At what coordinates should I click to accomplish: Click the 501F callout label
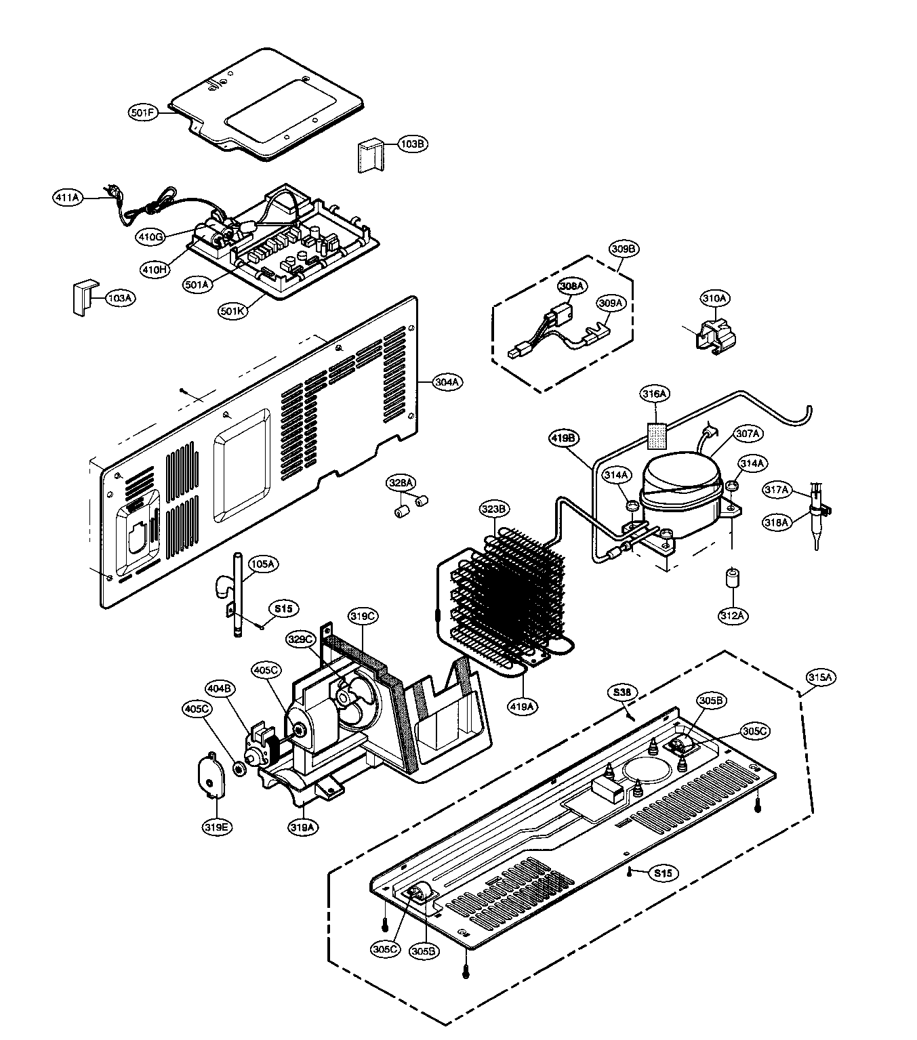(144, 112)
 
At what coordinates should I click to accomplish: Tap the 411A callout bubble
(68, 198)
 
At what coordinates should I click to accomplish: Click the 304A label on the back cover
(447, 382)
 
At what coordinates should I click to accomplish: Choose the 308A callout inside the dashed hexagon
(572, 287)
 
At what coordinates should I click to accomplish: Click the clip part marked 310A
(714, 333)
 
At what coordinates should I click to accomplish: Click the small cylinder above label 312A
(732, 580)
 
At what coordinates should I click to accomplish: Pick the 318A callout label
(777, 522)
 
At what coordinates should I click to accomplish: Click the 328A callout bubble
(401, 482)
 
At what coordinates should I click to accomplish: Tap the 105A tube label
(262, 564)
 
